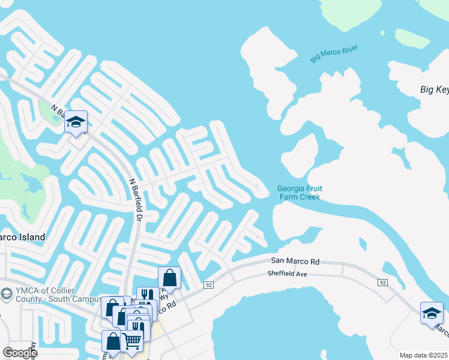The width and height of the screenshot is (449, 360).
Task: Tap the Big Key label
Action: (434, 90)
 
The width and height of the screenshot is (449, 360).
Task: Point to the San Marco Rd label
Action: (295, 261)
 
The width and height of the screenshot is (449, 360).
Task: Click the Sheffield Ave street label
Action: (287, 274)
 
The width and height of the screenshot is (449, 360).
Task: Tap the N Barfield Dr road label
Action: (134, 199)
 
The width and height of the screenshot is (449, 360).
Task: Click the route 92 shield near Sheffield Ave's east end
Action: (382, 281)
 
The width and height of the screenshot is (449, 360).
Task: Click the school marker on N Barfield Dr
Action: (76, 122)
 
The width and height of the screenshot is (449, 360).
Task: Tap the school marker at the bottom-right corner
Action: (432, 313)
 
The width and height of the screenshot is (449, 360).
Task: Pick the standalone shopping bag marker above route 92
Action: (169, 278)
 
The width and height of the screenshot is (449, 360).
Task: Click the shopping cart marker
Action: (131, 341)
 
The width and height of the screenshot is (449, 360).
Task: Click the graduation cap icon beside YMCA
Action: (6, 293)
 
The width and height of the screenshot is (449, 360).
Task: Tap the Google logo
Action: (19, 353)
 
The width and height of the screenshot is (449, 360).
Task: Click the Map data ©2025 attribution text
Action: (423, 355)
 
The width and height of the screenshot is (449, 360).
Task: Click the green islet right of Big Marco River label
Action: (418, 39)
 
